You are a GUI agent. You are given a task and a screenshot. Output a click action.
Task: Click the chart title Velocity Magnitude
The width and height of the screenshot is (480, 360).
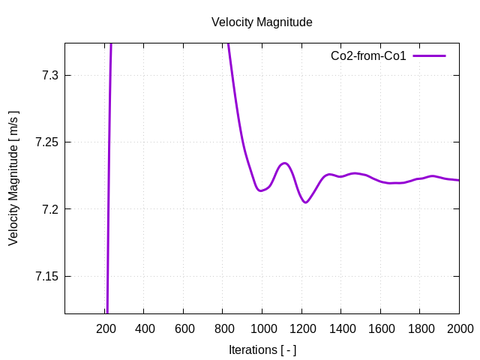(262, 22)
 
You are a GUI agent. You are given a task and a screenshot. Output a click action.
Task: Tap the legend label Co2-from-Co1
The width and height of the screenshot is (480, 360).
(368, 56)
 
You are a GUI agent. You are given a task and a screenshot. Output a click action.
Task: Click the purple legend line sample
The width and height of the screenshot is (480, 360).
(429, 56)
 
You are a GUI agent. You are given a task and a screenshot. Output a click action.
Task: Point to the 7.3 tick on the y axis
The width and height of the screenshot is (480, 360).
(46, 75)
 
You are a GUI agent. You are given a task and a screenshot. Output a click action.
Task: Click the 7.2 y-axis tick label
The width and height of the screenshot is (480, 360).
(46, 209)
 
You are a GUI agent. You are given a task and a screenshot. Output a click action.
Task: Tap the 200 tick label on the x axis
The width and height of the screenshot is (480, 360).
(106, 328)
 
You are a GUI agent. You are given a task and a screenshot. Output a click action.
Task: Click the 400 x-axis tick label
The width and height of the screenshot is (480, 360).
(145, 328)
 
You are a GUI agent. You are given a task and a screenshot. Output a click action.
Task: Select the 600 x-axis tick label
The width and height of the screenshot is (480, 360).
(184, 328)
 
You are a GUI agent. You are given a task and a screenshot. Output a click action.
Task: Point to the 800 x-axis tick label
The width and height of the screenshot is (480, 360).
(223, 328)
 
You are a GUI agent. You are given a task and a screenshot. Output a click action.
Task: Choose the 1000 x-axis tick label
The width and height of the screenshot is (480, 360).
(262, 328)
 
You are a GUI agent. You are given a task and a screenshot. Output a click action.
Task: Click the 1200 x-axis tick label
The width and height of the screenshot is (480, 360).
(301, 328)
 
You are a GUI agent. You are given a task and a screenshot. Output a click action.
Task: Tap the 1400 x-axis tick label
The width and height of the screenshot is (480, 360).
(340, 328)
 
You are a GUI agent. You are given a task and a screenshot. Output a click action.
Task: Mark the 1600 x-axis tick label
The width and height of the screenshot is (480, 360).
(380, 328)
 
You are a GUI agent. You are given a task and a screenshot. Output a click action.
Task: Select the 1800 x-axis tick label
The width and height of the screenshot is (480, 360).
(419, 328)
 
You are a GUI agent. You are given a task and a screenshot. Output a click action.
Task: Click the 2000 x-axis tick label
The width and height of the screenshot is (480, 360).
(459, 328)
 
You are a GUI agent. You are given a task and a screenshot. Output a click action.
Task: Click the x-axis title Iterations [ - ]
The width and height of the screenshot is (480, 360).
(262, 349)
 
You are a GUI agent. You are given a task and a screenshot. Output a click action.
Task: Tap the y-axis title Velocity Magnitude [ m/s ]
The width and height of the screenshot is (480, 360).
(13, 178)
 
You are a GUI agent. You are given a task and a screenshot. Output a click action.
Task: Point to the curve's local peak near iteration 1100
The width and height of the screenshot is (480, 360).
(284, 163)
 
